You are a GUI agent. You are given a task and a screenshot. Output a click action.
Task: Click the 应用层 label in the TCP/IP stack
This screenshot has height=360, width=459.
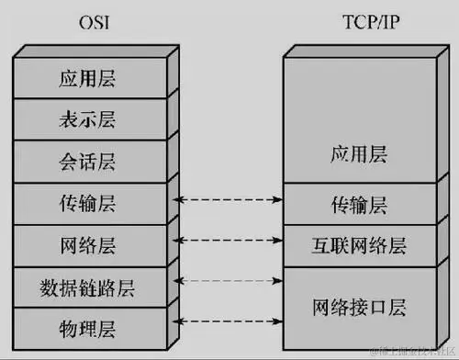point(358,155)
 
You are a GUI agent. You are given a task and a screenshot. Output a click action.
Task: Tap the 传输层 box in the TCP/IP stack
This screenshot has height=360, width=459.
point(358,202)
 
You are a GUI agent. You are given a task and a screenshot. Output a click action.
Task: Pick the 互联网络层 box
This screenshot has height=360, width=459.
point(358,244)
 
